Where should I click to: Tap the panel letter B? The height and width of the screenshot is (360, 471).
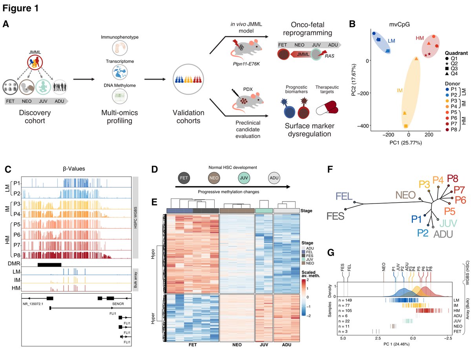(x=352, y=24)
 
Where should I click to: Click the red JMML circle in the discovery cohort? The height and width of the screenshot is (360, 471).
(x=36, y=64)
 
